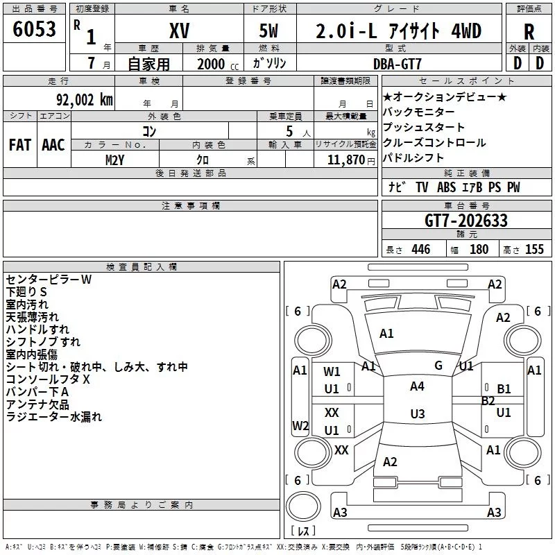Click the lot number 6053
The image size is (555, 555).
click(34, 29)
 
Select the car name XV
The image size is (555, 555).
click(180, 31)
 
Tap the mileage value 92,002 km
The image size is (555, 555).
click(85, 100)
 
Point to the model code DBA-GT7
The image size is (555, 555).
click(398, 64)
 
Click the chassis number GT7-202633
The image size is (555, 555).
click(466, 221)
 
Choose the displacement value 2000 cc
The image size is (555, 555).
click(218, 64)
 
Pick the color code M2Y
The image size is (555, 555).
click(114, 160)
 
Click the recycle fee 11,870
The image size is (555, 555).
click(345, 160)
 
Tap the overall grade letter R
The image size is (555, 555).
click(529, 32)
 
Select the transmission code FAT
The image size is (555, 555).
click(20, 145)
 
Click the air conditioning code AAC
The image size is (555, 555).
click(53, 145)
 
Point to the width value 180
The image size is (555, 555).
click(479, 249)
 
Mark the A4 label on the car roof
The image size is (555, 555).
click(417, 386)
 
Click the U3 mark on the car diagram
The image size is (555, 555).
click(418, 413)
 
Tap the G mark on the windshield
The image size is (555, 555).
click(438, 366)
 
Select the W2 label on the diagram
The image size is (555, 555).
click(300, 425)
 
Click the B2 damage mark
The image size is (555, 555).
click(488, 401)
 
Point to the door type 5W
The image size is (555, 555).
click(268, 31)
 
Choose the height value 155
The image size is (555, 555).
click(534, 249)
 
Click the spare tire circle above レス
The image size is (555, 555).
click(303, 506)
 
